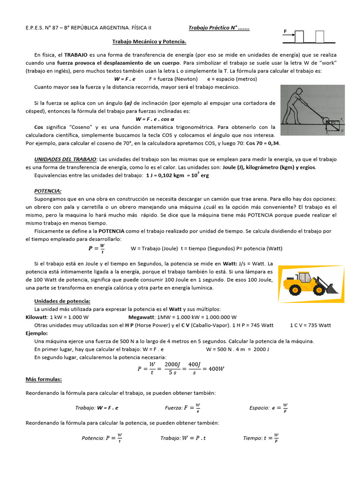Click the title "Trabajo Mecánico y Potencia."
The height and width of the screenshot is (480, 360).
(152, 41)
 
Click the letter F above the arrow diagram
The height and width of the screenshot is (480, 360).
(285, 31)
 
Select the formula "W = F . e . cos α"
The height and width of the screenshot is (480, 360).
(155, 120)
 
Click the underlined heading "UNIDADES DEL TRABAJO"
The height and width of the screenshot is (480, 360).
(65, 159)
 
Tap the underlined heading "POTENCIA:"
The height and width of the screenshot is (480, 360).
(48, 191)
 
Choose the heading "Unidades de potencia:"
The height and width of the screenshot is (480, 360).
(62, 301)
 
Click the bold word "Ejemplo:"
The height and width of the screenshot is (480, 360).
(37, 333)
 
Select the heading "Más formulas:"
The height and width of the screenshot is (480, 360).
(44, 379)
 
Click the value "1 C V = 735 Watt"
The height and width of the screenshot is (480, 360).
(310, 325)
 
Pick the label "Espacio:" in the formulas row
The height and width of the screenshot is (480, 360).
(259, 408)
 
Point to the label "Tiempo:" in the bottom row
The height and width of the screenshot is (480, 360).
(252, 438)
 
